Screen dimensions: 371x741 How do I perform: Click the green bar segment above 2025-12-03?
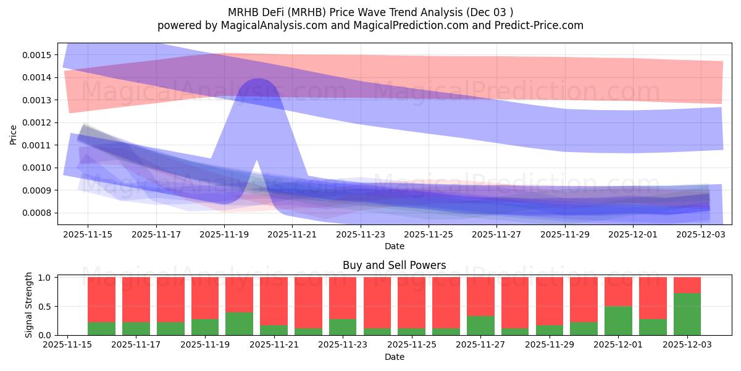[687, 314]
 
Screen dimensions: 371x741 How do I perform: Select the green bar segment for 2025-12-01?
[618, 321]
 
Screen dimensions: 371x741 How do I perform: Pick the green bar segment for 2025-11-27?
[480, 326]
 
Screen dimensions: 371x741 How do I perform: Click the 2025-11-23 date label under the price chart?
[361, 234]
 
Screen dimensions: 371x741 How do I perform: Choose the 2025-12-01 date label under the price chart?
[633, 234]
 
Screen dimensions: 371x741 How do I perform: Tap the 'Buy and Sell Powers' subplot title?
[394, 265]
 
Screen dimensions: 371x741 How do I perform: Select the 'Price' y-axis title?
[14, 134]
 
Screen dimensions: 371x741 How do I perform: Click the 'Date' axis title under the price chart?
[394, 246]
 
